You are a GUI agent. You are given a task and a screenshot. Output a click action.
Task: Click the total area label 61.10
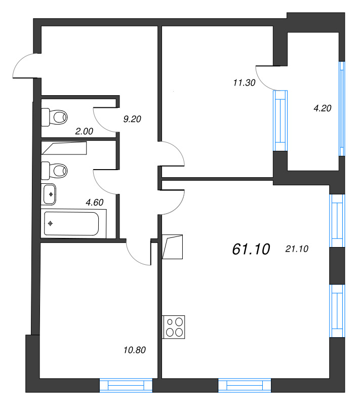point(251,249)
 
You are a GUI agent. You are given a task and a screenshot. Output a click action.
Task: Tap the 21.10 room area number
point(297,249)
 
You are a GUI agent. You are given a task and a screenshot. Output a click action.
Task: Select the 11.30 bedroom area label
point(244,83)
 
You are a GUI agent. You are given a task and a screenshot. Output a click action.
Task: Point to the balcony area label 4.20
point(323,108)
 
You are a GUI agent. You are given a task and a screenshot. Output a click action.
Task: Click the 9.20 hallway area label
point(132,119)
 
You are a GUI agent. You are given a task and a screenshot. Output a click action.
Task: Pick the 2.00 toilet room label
point(84,131)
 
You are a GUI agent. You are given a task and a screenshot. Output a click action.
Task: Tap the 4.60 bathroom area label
point(95,202)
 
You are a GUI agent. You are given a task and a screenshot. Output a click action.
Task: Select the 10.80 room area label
point(135,350)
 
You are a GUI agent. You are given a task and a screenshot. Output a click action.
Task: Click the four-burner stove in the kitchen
point(174,327)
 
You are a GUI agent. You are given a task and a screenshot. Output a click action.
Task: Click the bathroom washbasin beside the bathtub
point(49,194)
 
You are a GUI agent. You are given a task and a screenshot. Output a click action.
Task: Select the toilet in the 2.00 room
point(54,117)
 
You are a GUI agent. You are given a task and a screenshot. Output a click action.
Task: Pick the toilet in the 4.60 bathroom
point(54,171)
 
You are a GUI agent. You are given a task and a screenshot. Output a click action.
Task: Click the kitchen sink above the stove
point(172,247)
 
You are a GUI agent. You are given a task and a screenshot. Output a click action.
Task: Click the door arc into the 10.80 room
point(135,259)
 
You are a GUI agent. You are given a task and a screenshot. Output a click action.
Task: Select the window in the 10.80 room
point(126,385)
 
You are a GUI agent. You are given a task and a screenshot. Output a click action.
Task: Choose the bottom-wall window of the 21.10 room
point(245,385)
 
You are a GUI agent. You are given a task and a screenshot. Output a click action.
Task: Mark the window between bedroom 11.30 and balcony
point(281,120)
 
